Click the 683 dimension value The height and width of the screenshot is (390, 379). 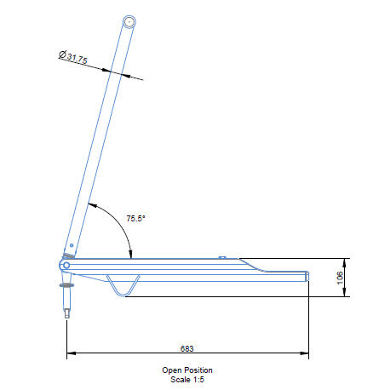pyautogui.click(x=187, y=348)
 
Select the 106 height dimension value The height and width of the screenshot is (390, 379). pyautogui.click(x=340, y=278)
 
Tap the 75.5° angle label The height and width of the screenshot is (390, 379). pyautogui.click(x=135, y=218)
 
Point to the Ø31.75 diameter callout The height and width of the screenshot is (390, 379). pyautogui.click(x=73, y=57)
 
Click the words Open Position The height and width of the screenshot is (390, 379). pyautogui.click(x=187, y=370)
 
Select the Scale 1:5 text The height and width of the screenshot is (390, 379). pyautogui.click(x=187, y=379)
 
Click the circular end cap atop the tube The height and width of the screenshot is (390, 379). pyautogui.click(x=129, y=22)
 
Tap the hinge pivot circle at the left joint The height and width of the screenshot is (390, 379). pyautogui.click(x=66, y=266)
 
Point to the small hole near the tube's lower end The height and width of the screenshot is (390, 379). pyautogui.click(x=72, y=245)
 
